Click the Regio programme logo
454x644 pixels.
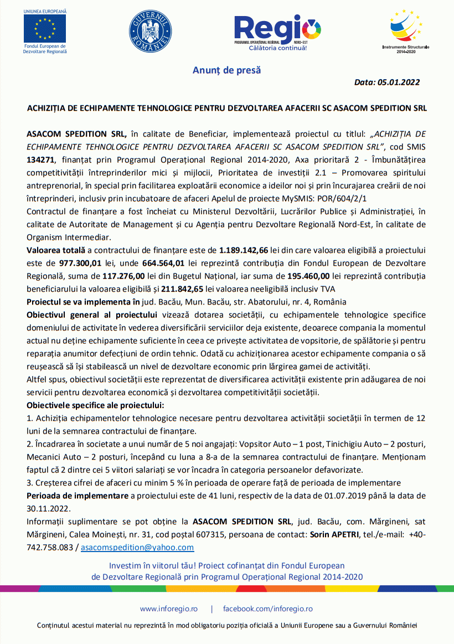tap(277, 32)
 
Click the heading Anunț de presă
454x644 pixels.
tap(226, 70)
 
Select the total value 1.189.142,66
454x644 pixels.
tap(244, 250)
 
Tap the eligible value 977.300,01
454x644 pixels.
tap(60, 263)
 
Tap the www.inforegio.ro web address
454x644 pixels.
tap(168, 609)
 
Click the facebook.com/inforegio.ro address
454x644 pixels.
tap(267, 609)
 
